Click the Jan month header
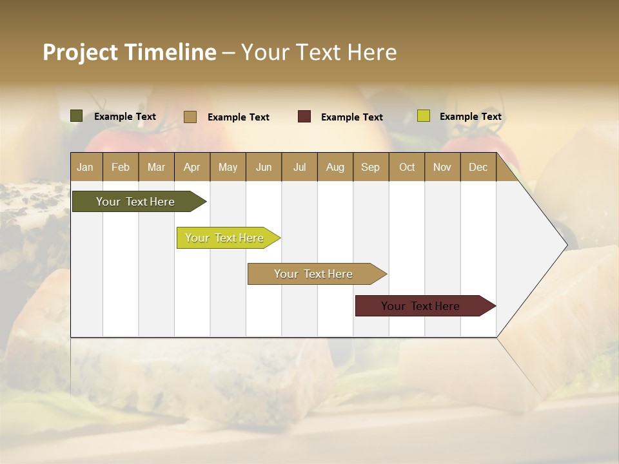coord(85,167)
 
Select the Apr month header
coord(192,167)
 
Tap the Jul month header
coord(299,167)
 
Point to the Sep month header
coord(370,167)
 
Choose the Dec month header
coord(478,167)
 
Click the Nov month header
coord(442,167)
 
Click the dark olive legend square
coord(77,116)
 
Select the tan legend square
coord(190,117)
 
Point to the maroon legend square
coord(304,116)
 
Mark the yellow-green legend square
coord(423,116)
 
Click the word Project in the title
coord(80,52)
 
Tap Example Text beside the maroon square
coord(351,117)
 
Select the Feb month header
coord(121,167)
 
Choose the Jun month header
coord(264,167)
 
